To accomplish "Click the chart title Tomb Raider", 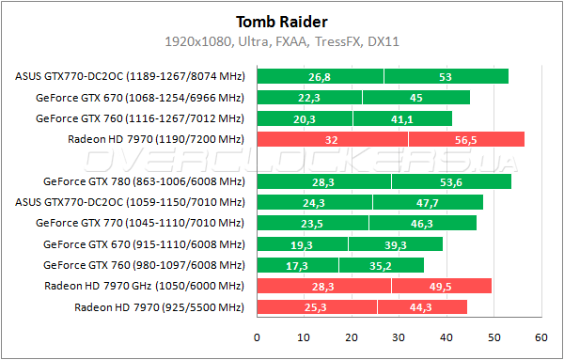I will click(281, 22).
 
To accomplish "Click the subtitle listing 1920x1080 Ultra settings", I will click(281, 42).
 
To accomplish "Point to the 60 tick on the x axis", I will click(540, 337).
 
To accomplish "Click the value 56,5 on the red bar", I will click(465, 139).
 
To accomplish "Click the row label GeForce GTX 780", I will click(143, 181).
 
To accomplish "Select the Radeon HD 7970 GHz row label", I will click(143, 286).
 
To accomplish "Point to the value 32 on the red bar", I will click(331, 139).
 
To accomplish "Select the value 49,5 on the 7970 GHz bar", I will click(442, 286).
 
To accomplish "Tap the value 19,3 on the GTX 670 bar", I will click(303, 244).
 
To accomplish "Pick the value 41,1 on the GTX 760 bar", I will click(402, 118).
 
